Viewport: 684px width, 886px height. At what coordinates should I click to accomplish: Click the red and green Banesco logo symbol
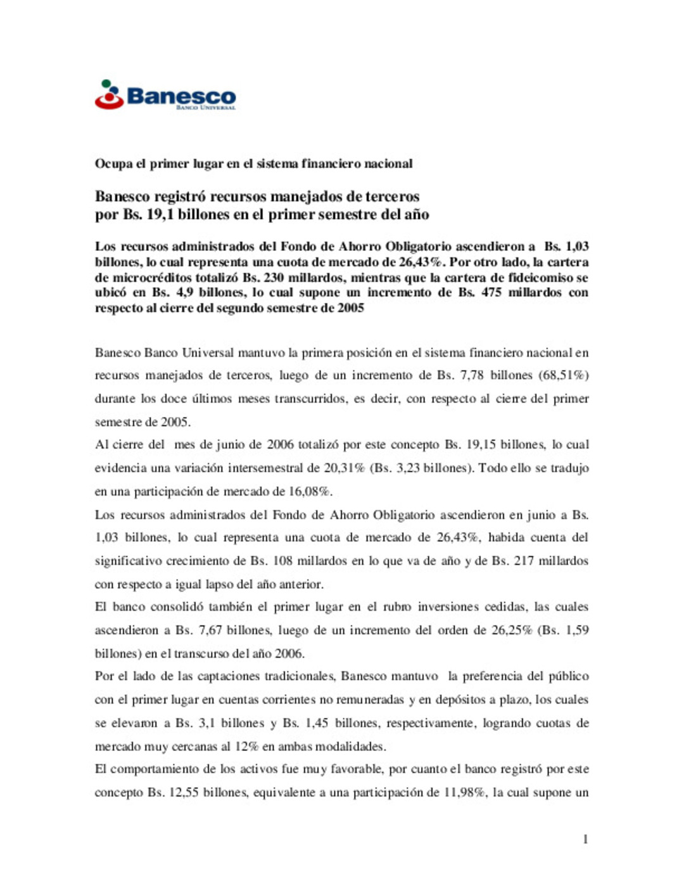click(x=109, y=94)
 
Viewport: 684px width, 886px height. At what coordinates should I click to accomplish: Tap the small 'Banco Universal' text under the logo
click(x=206, y=108)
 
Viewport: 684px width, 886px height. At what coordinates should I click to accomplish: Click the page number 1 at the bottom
click(x=585, y=839)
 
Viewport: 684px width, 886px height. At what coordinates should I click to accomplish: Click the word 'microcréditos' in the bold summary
click(x=151, y=277)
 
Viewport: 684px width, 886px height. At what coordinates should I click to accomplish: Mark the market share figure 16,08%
click(x=310, y=491)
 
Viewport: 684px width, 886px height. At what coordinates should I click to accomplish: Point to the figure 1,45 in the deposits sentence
click(x=317, y=722)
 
